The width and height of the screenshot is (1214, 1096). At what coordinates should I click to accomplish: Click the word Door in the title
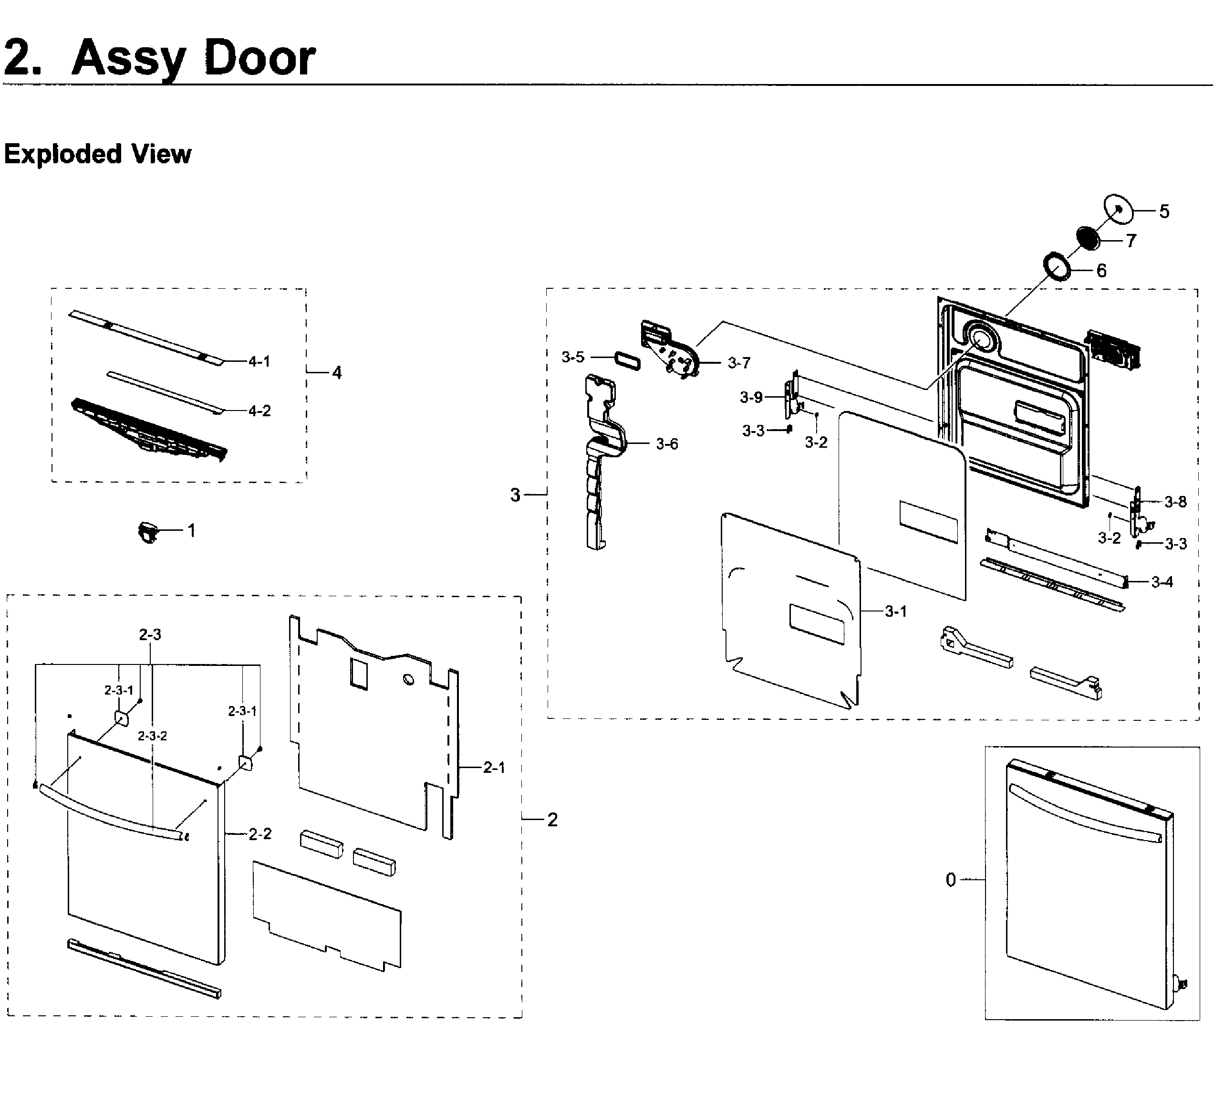coord(259,58)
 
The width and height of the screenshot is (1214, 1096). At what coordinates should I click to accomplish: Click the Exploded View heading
coord(97,154)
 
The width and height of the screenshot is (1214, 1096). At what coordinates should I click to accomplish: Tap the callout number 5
coord(1164,211)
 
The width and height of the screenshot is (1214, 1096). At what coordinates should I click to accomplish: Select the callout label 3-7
coord(738,362)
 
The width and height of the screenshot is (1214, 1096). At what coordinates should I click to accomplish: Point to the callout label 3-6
coord(666,444)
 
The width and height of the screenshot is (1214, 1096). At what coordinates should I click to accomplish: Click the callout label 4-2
coord(259,411)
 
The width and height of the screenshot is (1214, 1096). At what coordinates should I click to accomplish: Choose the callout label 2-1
coord(494,767)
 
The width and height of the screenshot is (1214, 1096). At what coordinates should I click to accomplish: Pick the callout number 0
coord(950,880)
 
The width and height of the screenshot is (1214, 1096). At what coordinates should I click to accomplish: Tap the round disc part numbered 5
coord(1118,208)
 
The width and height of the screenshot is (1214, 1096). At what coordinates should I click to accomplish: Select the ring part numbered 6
coord(1057,267)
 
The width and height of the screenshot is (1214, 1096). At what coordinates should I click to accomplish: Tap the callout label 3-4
coord(1162,582)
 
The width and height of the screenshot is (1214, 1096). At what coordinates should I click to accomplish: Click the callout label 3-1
coord(895,611)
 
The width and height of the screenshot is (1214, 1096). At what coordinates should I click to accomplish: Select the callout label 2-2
coord(260,833)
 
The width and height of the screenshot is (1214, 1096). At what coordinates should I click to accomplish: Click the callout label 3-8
coord(1175,501)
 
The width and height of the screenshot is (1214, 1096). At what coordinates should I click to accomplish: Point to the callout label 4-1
coord(259,361)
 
